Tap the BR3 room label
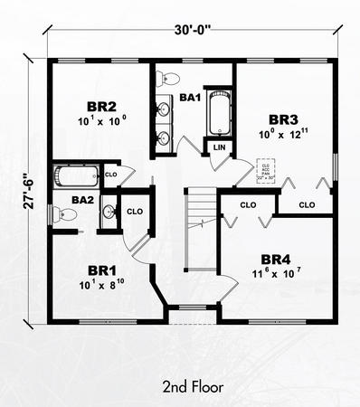tap(282, 118)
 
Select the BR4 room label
tap(276, 256)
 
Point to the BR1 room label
tap(100, 270)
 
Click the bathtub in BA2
tap(76, 175)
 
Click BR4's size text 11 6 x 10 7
tap(276, 272)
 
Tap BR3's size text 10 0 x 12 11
tap(282, 135)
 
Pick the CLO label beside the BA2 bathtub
tap(111, 174)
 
